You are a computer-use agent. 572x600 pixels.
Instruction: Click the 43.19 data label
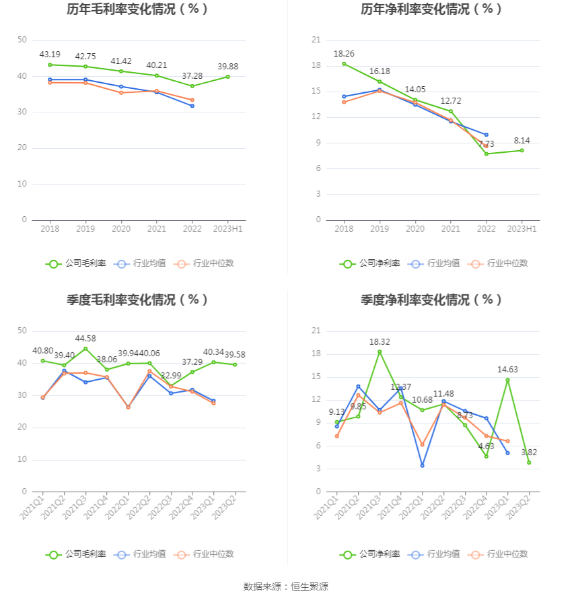click(x=50, y=54)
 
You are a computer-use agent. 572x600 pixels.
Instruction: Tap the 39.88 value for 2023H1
click(x=228, y=66)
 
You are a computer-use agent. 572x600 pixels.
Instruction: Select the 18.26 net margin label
click(x=344, y=53)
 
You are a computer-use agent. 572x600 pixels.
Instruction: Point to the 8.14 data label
click(x=522, y=140)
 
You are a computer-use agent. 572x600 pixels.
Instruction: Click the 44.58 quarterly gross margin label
click(x=85, y=338)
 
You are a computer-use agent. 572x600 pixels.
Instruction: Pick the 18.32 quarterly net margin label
click(x=380, y=341)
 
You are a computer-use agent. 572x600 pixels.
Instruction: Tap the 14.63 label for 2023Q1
click(x=507, y=369)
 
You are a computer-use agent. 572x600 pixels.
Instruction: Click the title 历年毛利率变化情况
click(x=137, y=9)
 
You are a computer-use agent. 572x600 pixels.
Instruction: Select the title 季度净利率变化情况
click(x=431, y=300)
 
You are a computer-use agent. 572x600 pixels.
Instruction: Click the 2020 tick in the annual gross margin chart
click(x=121, y=230)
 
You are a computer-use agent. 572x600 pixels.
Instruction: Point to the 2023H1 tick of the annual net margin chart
click(x=522, y=230)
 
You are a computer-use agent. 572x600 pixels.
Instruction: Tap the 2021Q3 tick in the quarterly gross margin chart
click(x=75, y=507)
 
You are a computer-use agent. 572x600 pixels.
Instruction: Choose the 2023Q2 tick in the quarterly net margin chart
click(x=519, y=507)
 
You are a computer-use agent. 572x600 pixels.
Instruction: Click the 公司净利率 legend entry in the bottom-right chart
click(x=369, y=554)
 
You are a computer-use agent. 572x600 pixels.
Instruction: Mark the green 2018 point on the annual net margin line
click(x=344, y=64)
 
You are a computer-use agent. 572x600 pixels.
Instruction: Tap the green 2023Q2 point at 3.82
click(x=529, y=463)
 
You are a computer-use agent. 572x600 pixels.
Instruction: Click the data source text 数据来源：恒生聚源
click(x=286, y=587)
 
